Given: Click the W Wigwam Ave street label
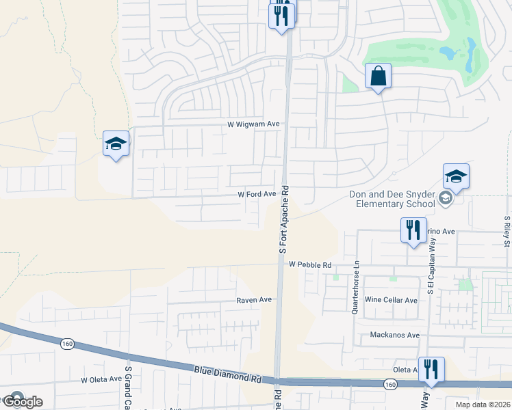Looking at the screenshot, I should tap(254, 124).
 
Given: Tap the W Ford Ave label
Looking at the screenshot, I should tap(256, 194).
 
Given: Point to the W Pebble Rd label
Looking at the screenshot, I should tap(309, 264).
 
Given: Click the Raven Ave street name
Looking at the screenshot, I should tap(254, 299).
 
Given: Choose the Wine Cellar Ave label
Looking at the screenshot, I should tap(391, 300).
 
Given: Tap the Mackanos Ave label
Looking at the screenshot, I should tap(394, 335).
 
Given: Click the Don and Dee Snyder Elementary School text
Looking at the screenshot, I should tap(392, 199).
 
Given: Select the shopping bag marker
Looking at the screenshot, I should tap(378, 77).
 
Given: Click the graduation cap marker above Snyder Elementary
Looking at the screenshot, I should tap(456, 177).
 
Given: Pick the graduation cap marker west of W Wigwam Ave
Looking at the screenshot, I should tap(116, 144).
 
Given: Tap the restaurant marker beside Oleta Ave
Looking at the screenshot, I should tap(431, 370).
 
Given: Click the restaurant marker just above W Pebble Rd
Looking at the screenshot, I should tap(413, 230).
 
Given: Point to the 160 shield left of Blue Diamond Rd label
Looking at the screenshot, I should tap(66, 343).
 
